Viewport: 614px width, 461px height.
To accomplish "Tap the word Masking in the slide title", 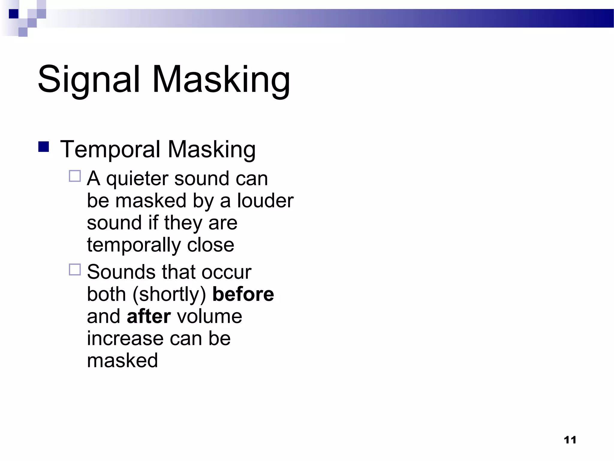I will click(x=221, y=80).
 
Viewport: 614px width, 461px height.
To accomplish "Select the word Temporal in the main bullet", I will click(x=110, y=149).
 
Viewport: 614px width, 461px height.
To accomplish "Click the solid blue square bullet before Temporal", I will click(x=44, y=147).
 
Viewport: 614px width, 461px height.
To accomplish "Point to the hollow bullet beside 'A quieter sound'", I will click(x=75, y=176).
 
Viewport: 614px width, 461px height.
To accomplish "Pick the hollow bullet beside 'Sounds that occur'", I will click(x=75, y=270).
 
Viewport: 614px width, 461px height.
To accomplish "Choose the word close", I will click(x=210, y=245).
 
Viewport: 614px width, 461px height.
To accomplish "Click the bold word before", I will click(x=243, y=294).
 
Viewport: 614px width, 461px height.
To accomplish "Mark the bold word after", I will click(x=149, y=316).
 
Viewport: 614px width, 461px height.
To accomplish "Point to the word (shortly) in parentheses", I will click(x=169, y=295).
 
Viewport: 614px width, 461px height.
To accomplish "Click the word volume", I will click(x=210, y=316).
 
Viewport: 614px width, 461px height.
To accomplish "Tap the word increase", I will click(x=125, y=339).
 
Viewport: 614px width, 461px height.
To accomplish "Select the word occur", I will click(x=226, y=272).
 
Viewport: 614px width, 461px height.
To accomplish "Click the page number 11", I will click(x=570, y=440).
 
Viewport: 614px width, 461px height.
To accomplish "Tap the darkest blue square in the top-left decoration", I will click(x=13, y=14).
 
